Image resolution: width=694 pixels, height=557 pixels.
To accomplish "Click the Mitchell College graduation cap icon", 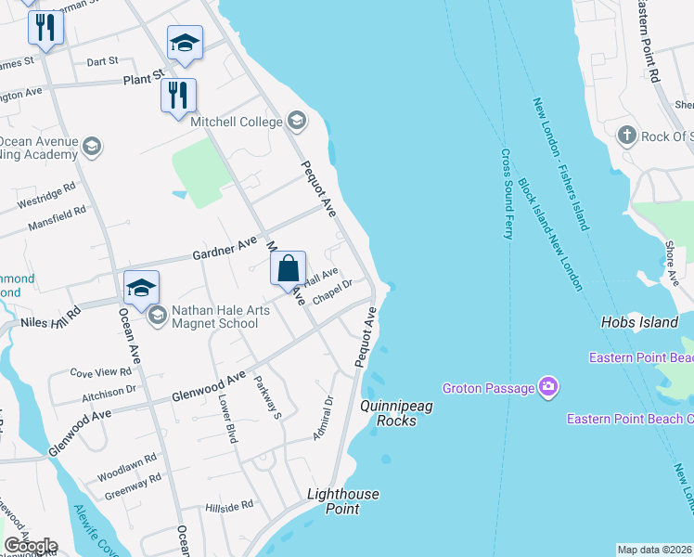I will (x=297, y=120).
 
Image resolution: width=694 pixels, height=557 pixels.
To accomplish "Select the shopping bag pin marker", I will (x=289, y=268).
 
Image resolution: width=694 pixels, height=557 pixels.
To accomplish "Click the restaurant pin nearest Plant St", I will (x=178, y=96).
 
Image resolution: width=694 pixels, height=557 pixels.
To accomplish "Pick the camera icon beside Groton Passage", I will (x=548, y=386).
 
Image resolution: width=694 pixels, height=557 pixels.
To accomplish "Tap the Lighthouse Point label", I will (x=342, y=501).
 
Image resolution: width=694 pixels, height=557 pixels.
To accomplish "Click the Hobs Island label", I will (x=639, y=322).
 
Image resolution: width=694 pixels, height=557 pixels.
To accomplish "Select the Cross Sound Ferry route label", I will (x=508, y=194).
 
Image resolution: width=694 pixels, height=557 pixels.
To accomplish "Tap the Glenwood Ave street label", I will (x=209, y=387).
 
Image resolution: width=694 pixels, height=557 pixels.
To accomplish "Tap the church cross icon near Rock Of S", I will (x=627, y=136).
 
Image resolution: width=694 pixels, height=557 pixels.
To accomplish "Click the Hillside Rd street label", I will (x=228, y=507).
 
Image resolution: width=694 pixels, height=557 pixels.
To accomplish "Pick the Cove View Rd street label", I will (x=101, y=371).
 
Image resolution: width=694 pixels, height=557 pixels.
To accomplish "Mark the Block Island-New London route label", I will (x=550, y=235).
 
